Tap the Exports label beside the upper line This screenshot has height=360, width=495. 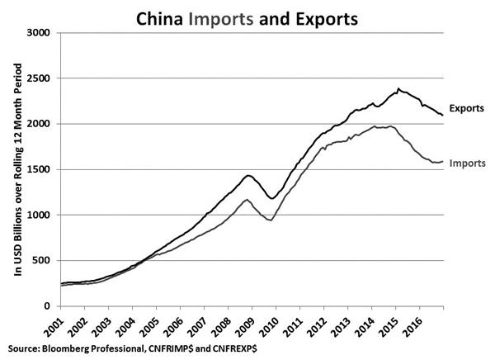coord(469,109)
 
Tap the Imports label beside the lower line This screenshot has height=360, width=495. coord(468,164)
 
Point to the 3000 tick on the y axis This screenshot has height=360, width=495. coord(40,33)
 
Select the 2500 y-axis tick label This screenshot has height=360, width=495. coord(40,78)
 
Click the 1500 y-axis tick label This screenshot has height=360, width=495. coord(40,169)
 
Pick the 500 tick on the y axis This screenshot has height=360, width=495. coord(44,260)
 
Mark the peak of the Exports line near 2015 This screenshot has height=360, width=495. coord(399,89)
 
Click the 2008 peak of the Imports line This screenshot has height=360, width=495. coord(246,200)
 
